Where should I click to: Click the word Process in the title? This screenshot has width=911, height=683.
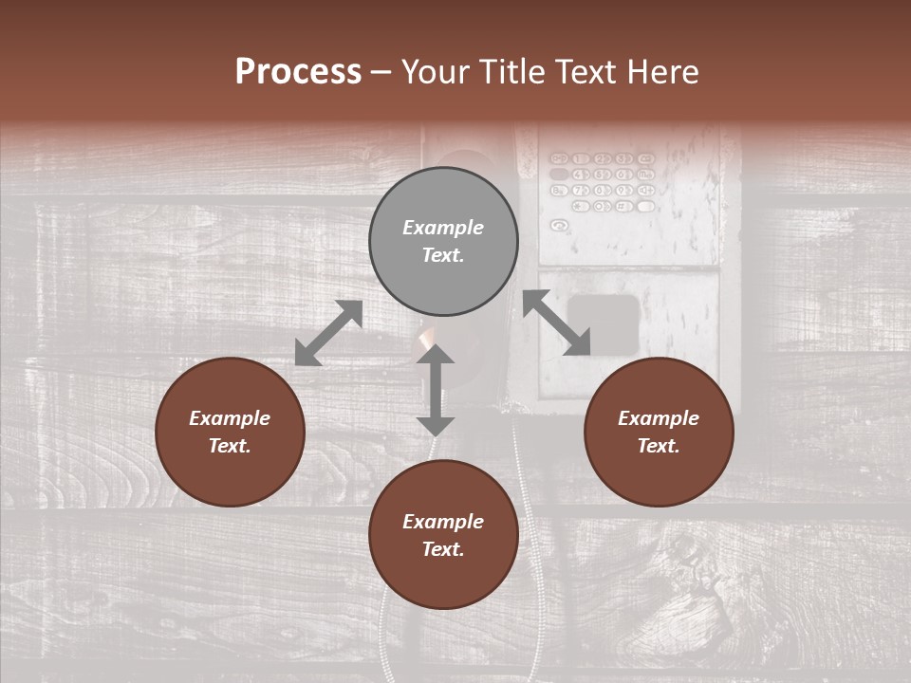point(298,72)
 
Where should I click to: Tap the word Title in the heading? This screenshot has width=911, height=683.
point(510,72)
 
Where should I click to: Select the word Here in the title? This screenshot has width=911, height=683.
point(661,72)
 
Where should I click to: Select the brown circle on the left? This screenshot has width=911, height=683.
point(230,432)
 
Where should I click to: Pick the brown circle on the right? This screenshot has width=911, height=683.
point(659,432)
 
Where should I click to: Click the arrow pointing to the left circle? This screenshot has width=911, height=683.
point(328,333)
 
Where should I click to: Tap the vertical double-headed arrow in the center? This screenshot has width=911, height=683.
point(436,390)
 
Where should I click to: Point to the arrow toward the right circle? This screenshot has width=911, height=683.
point(556,323)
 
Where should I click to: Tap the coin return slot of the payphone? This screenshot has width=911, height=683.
point(604,322)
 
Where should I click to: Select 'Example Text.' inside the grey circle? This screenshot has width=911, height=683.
point(443,241)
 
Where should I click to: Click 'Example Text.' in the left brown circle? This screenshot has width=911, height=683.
point(230,432)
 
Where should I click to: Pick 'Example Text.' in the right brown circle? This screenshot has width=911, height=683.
point(659,432)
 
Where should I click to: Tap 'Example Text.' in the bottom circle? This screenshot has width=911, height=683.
point(443,535)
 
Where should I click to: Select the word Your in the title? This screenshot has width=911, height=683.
point(435,72)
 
